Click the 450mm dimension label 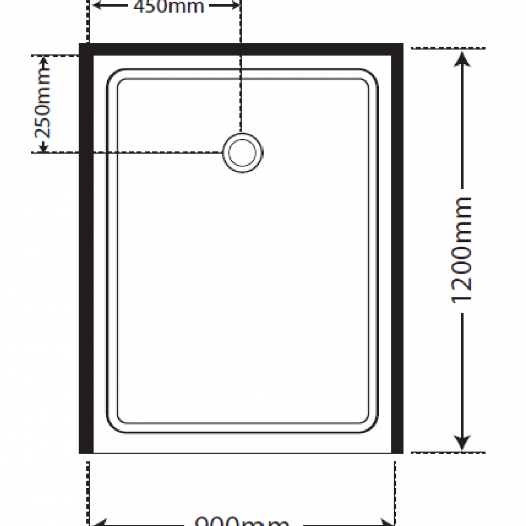point(169,6)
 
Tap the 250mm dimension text point(43,104)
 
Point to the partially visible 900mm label point(242,521)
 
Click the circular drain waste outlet point(243,153)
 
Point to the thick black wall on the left point(86,251)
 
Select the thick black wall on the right point(397,251)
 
